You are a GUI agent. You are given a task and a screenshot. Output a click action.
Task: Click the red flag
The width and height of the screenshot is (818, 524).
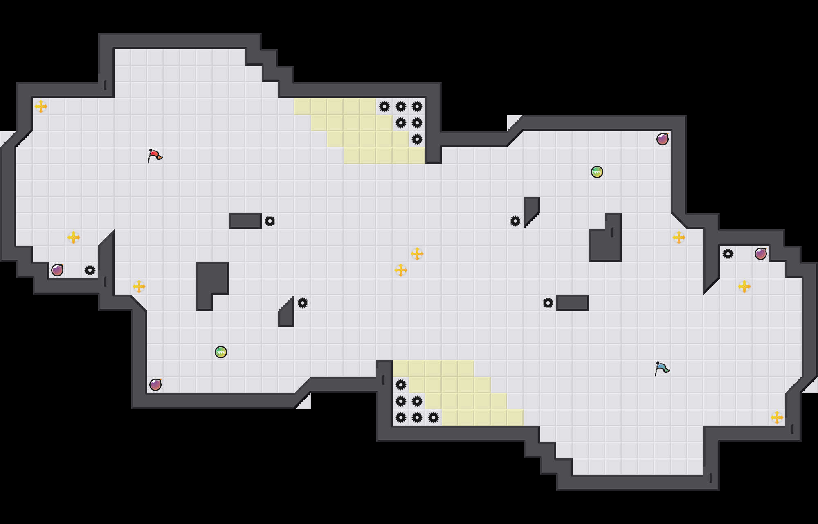tap(155, 156)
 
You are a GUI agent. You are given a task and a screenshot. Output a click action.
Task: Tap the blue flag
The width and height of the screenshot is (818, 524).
tap(662, 369)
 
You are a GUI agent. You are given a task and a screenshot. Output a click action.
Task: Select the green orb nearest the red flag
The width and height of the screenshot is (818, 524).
tap(221, 352)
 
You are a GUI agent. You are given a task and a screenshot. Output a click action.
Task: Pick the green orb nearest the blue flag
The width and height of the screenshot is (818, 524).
tap(597, 172)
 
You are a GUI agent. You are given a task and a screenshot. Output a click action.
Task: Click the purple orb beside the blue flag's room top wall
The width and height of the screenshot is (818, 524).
tap(663, 139)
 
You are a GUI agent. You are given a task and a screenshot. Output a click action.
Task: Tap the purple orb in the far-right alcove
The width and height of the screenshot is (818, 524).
tap(761, 254)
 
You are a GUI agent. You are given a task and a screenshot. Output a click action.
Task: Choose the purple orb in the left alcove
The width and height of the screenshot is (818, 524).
tap(57, 270)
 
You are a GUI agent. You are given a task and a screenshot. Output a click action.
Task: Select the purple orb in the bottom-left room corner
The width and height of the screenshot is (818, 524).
tap(155, 385)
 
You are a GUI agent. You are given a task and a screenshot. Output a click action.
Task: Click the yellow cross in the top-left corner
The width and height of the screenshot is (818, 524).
tap(41, 106)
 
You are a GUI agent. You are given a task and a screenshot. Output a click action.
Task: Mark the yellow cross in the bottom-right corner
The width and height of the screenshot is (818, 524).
tap(777, 418)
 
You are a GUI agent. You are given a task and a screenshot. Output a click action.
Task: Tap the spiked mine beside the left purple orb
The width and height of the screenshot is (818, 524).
tap(90, 270)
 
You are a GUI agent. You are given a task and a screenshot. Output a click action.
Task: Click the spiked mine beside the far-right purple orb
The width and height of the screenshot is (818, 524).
tap(728, 254)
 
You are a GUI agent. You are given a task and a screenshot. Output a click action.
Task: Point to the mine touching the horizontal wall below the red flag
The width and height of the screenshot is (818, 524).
tap(270, 221)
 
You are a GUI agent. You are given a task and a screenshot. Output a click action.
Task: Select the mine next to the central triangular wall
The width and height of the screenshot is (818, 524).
tap(303, 303)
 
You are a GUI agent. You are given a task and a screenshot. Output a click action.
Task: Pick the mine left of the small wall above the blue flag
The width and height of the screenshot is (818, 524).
tap(548, 303)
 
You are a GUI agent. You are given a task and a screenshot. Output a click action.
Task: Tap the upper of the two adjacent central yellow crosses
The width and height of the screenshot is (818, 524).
tap(417, 254)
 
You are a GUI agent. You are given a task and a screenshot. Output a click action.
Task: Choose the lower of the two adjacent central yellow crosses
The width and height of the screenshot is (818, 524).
tap(401, 270)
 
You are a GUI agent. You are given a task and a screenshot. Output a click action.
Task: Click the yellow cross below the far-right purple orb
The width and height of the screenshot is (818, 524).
tap(744, 287)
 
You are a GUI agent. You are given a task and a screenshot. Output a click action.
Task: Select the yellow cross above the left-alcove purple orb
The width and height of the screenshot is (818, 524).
tap(74, 237)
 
